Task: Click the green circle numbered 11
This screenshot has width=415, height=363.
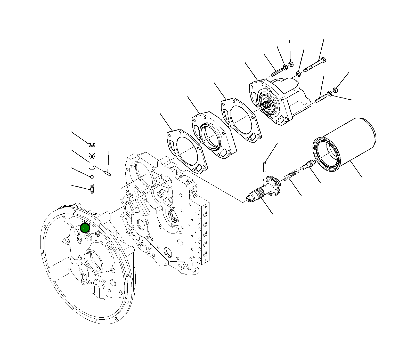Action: click(x=85, y=228)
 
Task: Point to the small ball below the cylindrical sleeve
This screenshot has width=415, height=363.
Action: click(x=92, y=177)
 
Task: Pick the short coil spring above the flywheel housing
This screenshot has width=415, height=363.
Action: click(x=92, y=188)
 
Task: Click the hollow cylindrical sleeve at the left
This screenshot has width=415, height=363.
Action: click(x=92, y=161)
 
